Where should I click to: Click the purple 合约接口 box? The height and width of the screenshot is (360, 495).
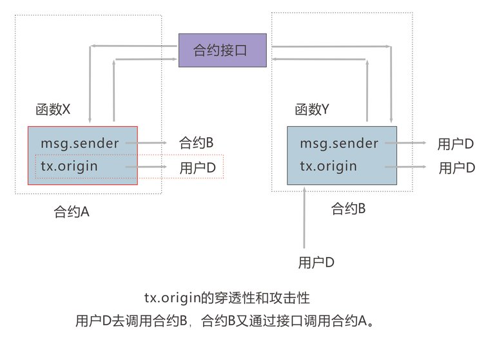[x=222, y=50]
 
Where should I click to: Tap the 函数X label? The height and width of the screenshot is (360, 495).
[x=53, y=109]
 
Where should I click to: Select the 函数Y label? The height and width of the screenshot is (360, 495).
[x=312, y=109]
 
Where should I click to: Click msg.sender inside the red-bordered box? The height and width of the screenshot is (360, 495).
[x=80, y=144]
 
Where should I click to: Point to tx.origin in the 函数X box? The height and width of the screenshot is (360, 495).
[x=69, y=166]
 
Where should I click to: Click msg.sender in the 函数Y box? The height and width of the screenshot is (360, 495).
[x=339, y=144]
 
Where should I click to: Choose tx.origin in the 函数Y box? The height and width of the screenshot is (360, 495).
[x=328, y=166]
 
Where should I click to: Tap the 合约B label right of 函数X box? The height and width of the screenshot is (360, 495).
[x=197, y=142]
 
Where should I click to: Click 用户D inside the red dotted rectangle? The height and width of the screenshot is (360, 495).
[x=198, y=167]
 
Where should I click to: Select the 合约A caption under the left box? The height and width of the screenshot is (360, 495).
[x=72, y=211]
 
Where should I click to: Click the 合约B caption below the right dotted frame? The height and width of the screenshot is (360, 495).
[x=348, y=209]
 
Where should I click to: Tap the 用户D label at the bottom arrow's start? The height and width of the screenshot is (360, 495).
[x=316, y=262]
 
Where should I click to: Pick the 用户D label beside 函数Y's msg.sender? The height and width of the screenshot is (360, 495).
[x=456, y=144]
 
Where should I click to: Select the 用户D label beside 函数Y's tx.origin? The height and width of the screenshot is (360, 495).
[x=457, y=167]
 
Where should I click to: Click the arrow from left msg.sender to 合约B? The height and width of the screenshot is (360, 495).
[x=146, y=143]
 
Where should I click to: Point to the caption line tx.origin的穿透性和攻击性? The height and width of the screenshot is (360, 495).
[x=227, y=298]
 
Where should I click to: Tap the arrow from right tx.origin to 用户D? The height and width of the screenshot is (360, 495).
[x=405, y=167]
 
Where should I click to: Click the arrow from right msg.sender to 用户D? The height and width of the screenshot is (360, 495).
[x=405, y=143]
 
